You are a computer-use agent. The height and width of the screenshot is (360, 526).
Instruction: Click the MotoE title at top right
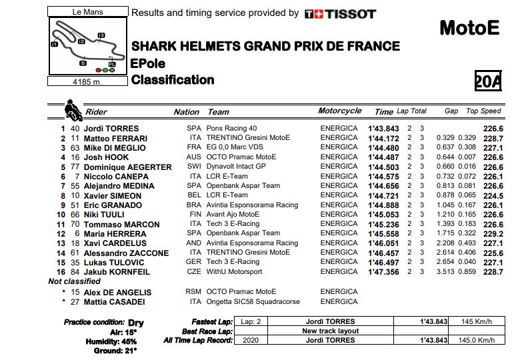(469, 28)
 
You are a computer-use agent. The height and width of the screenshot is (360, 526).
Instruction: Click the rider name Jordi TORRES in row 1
(112, 129)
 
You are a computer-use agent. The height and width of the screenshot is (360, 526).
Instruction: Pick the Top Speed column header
(483, 111)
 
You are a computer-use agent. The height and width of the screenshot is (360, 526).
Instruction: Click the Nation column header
(186, 112)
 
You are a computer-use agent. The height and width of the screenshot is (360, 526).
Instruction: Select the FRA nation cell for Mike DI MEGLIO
(193, 147)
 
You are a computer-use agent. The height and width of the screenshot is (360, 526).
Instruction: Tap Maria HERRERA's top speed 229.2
(493, 233)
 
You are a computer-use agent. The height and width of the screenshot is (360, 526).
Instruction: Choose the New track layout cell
(330, 331)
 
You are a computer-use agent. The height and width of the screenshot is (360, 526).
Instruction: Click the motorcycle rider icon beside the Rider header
(72, 109)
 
